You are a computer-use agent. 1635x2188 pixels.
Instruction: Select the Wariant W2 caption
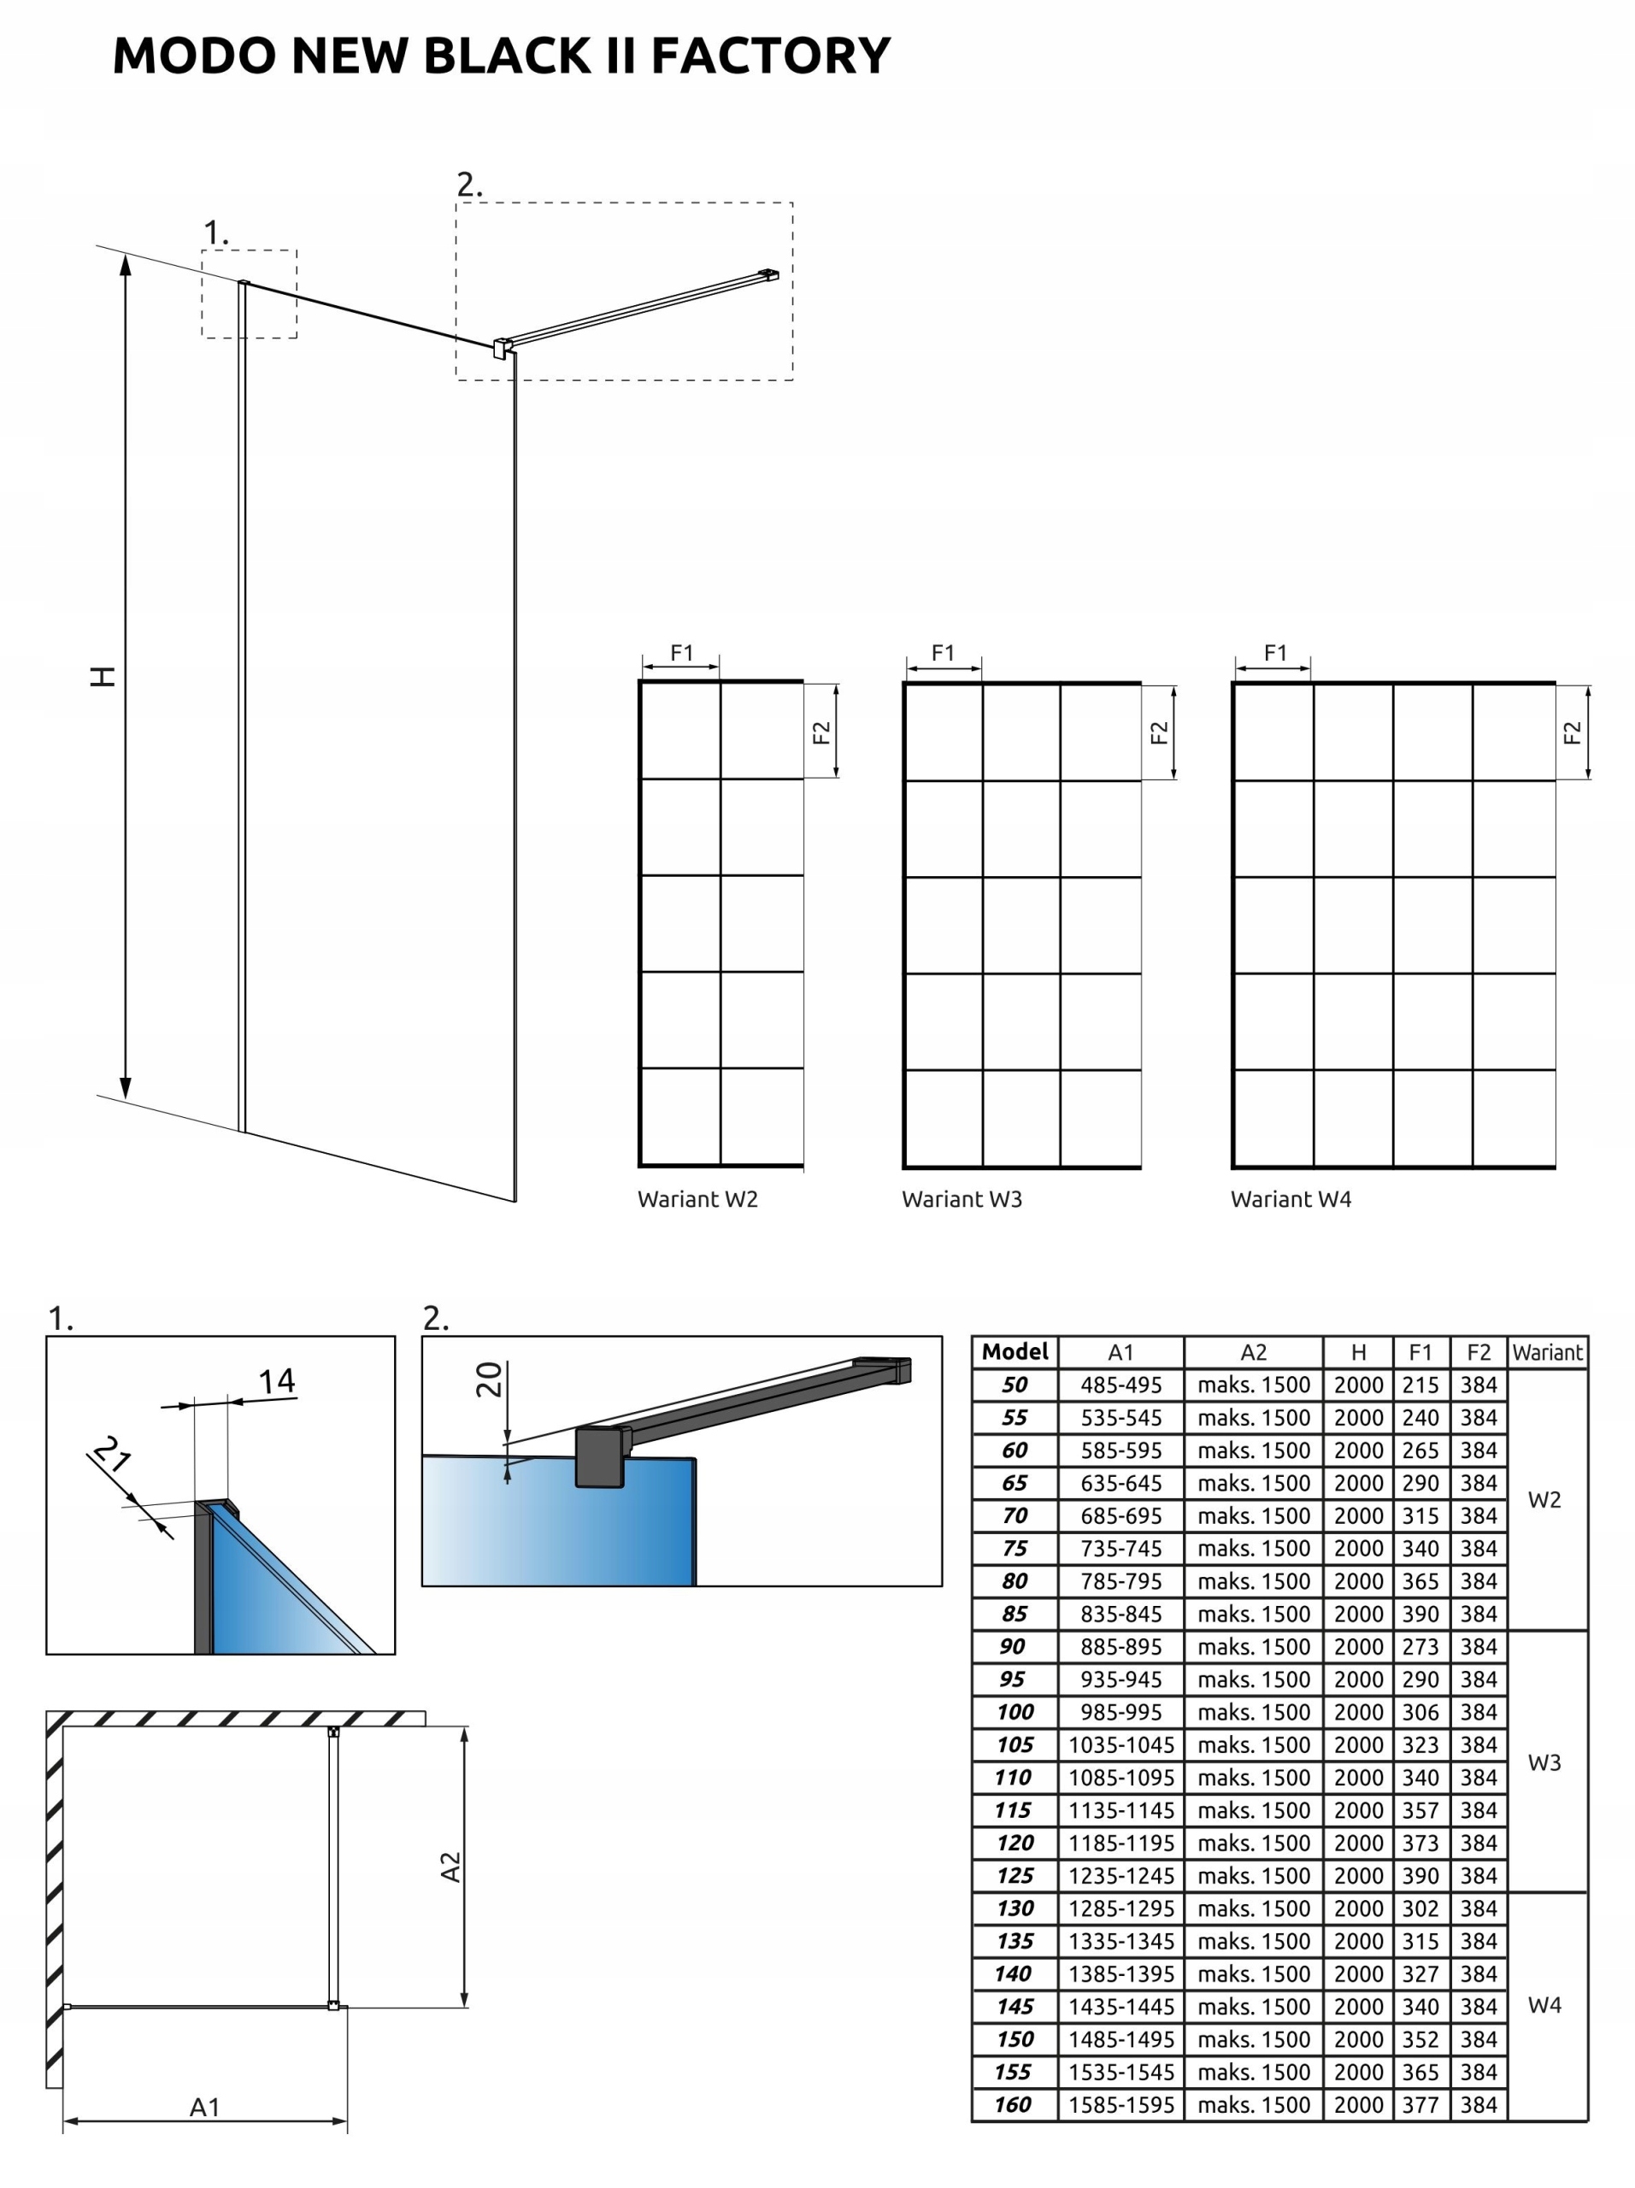(x=697, y=1199)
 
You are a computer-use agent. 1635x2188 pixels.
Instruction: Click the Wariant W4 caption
(x=1290, y=1199)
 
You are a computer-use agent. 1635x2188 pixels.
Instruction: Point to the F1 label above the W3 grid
(x=943, y=653)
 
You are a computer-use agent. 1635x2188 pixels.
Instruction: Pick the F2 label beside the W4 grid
(x=1572, y=733)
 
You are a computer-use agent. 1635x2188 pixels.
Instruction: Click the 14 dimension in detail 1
(x=277, y=1382)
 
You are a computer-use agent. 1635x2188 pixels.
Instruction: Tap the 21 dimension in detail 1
(x=112, y=1454)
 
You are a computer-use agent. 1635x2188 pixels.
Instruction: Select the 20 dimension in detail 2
(x=489, y=1379)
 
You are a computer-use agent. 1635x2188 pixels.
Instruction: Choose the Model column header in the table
(x=1015, y=1351)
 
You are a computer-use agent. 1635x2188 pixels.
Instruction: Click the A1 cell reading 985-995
(x=1120, y=1712)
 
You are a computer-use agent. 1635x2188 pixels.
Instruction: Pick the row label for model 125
(x=1015, y=1875)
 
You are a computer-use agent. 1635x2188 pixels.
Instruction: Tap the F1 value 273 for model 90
(x=1420, y=1647)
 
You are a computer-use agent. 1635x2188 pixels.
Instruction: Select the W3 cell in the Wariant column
(x=1544, y=1762)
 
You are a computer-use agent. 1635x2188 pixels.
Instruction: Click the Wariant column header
(x=1547, y=1352)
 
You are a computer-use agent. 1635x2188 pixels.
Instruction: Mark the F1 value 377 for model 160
(x=1420, y=2105)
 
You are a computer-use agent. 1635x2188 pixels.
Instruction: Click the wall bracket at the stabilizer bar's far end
(x=768, y=276)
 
